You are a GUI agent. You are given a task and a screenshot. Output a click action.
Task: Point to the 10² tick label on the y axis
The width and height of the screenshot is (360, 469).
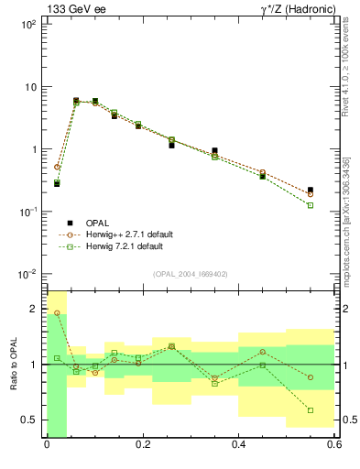tap(27, 25)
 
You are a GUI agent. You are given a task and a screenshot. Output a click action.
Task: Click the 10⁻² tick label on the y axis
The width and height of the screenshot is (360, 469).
tap(27, 274)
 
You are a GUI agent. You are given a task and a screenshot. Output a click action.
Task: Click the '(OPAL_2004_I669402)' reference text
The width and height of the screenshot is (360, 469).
tap(190, 274)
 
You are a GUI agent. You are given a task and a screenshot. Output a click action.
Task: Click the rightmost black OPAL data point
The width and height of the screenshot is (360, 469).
tap(311, 190)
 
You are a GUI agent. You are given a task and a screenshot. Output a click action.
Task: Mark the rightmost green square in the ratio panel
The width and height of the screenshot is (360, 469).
tap(311, 410)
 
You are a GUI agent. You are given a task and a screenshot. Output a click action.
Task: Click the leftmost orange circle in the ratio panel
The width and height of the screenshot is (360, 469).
tap(57, 312)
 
